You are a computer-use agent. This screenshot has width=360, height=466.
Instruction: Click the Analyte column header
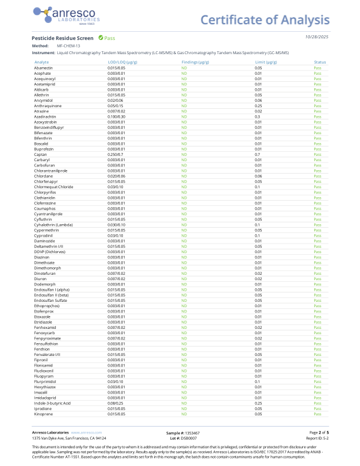[42, 62]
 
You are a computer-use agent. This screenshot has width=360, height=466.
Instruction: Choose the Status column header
[319, 62]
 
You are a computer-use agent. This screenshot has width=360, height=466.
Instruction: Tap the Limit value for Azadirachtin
[257, 116]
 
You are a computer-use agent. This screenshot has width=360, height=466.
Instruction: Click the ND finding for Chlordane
[184, 176]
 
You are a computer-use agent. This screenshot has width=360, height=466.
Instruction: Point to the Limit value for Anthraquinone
[258, 105]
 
